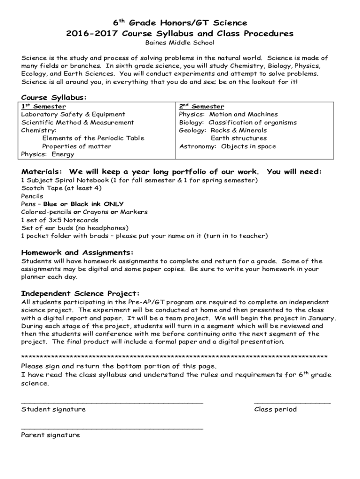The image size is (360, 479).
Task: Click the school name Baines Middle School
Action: click(180, 43)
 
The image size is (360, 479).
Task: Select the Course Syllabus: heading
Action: click(54, 97)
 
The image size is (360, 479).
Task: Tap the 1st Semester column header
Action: click(43, 107)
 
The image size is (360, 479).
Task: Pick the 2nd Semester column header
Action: click(202, 107)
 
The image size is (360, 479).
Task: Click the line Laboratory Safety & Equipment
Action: click(73, 115)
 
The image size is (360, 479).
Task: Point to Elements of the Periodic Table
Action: click(93, 138)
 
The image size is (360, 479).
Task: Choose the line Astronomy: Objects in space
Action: click(228, 146)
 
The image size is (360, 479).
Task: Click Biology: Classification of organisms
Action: click(238, 123)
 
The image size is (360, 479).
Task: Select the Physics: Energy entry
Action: click(48, 154)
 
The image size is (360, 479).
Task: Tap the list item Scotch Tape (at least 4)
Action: click(61, 188)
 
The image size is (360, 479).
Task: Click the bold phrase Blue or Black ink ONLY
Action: click(84, 204)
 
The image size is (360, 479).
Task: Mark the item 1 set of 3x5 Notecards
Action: click(60, 220)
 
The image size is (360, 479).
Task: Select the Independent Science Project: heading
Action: click(80, 293)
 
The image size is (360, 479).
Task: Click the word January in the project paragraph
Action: click(322, 318)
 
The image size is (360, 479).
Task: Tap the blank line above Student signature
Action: click(112, 402)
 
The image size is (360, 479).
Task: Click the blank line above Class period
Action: click(292, 402)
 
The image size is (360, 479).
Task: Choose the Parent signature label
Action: click(50, 435)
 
